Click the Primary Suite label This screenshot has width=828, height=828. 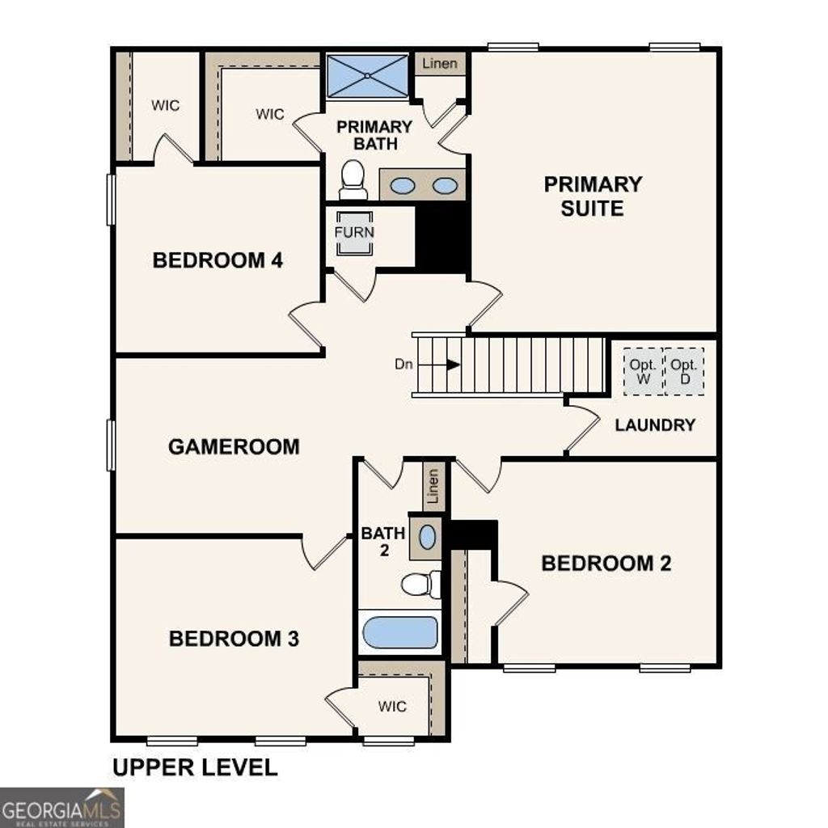(593, 196)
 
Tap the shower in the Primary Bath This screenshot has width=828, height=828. (368, 76)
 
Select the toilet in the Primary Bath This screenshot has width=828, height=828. (353, 180)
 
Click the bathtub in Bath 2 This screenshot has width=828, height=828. (400, 632)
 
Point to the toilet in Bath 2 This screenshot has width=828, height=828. (420, 584)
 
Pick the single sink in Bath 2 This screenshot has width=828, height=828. (427, 536)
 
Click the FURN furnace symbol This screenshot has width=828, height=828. (355, 232)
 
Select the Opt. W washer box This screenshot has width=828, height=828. (643, 371)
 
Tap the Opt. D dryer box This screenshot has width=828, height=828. (684, 371)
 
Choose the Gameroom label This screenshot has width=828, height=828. (234, 446)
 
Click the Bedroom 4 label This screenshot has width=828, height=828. (218, 260)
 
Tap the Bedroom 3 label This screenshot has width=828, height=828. (234, 638)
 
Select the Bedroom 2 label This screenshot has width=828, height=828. (606, 563)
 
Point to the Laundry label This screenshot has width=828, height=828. (655, 425)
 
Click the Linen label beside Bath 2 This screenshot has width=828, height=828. (433, 486)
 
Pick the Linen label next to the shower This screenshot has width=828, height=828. (440, 63)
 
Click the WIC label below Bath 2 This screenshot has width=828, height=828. (392, 706)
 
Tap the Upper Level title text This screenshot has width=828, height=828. (195, 767)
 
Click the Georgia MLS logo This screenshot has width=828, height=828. (61, 808)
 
